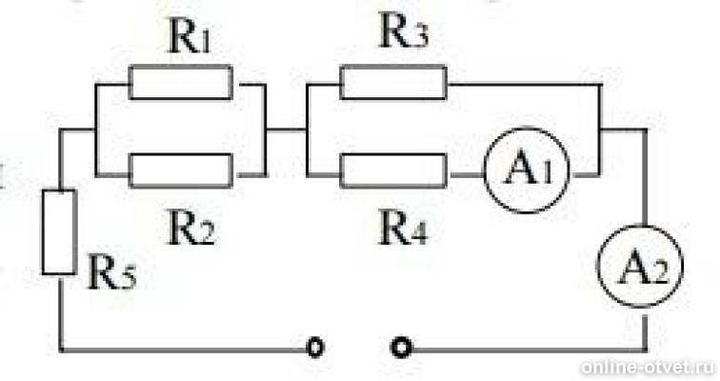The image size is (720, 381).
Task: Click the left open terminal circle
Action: click(315, 348)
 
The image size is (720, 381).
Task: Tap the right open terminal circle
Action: click(401, 348)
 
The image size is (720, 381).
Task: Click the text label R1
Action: click(190, 38)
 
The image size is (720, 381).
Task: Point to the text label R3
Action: click(404, 32)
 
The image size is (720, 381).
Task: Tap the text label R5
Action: click(111, 273)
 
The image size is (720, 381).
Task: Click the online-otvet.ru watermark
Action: click(648, 368)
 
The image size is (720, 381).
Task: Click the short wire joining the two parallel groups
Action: click(287, 130)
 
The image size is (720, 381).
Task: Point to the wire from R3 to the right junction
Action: click(525, 84)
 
